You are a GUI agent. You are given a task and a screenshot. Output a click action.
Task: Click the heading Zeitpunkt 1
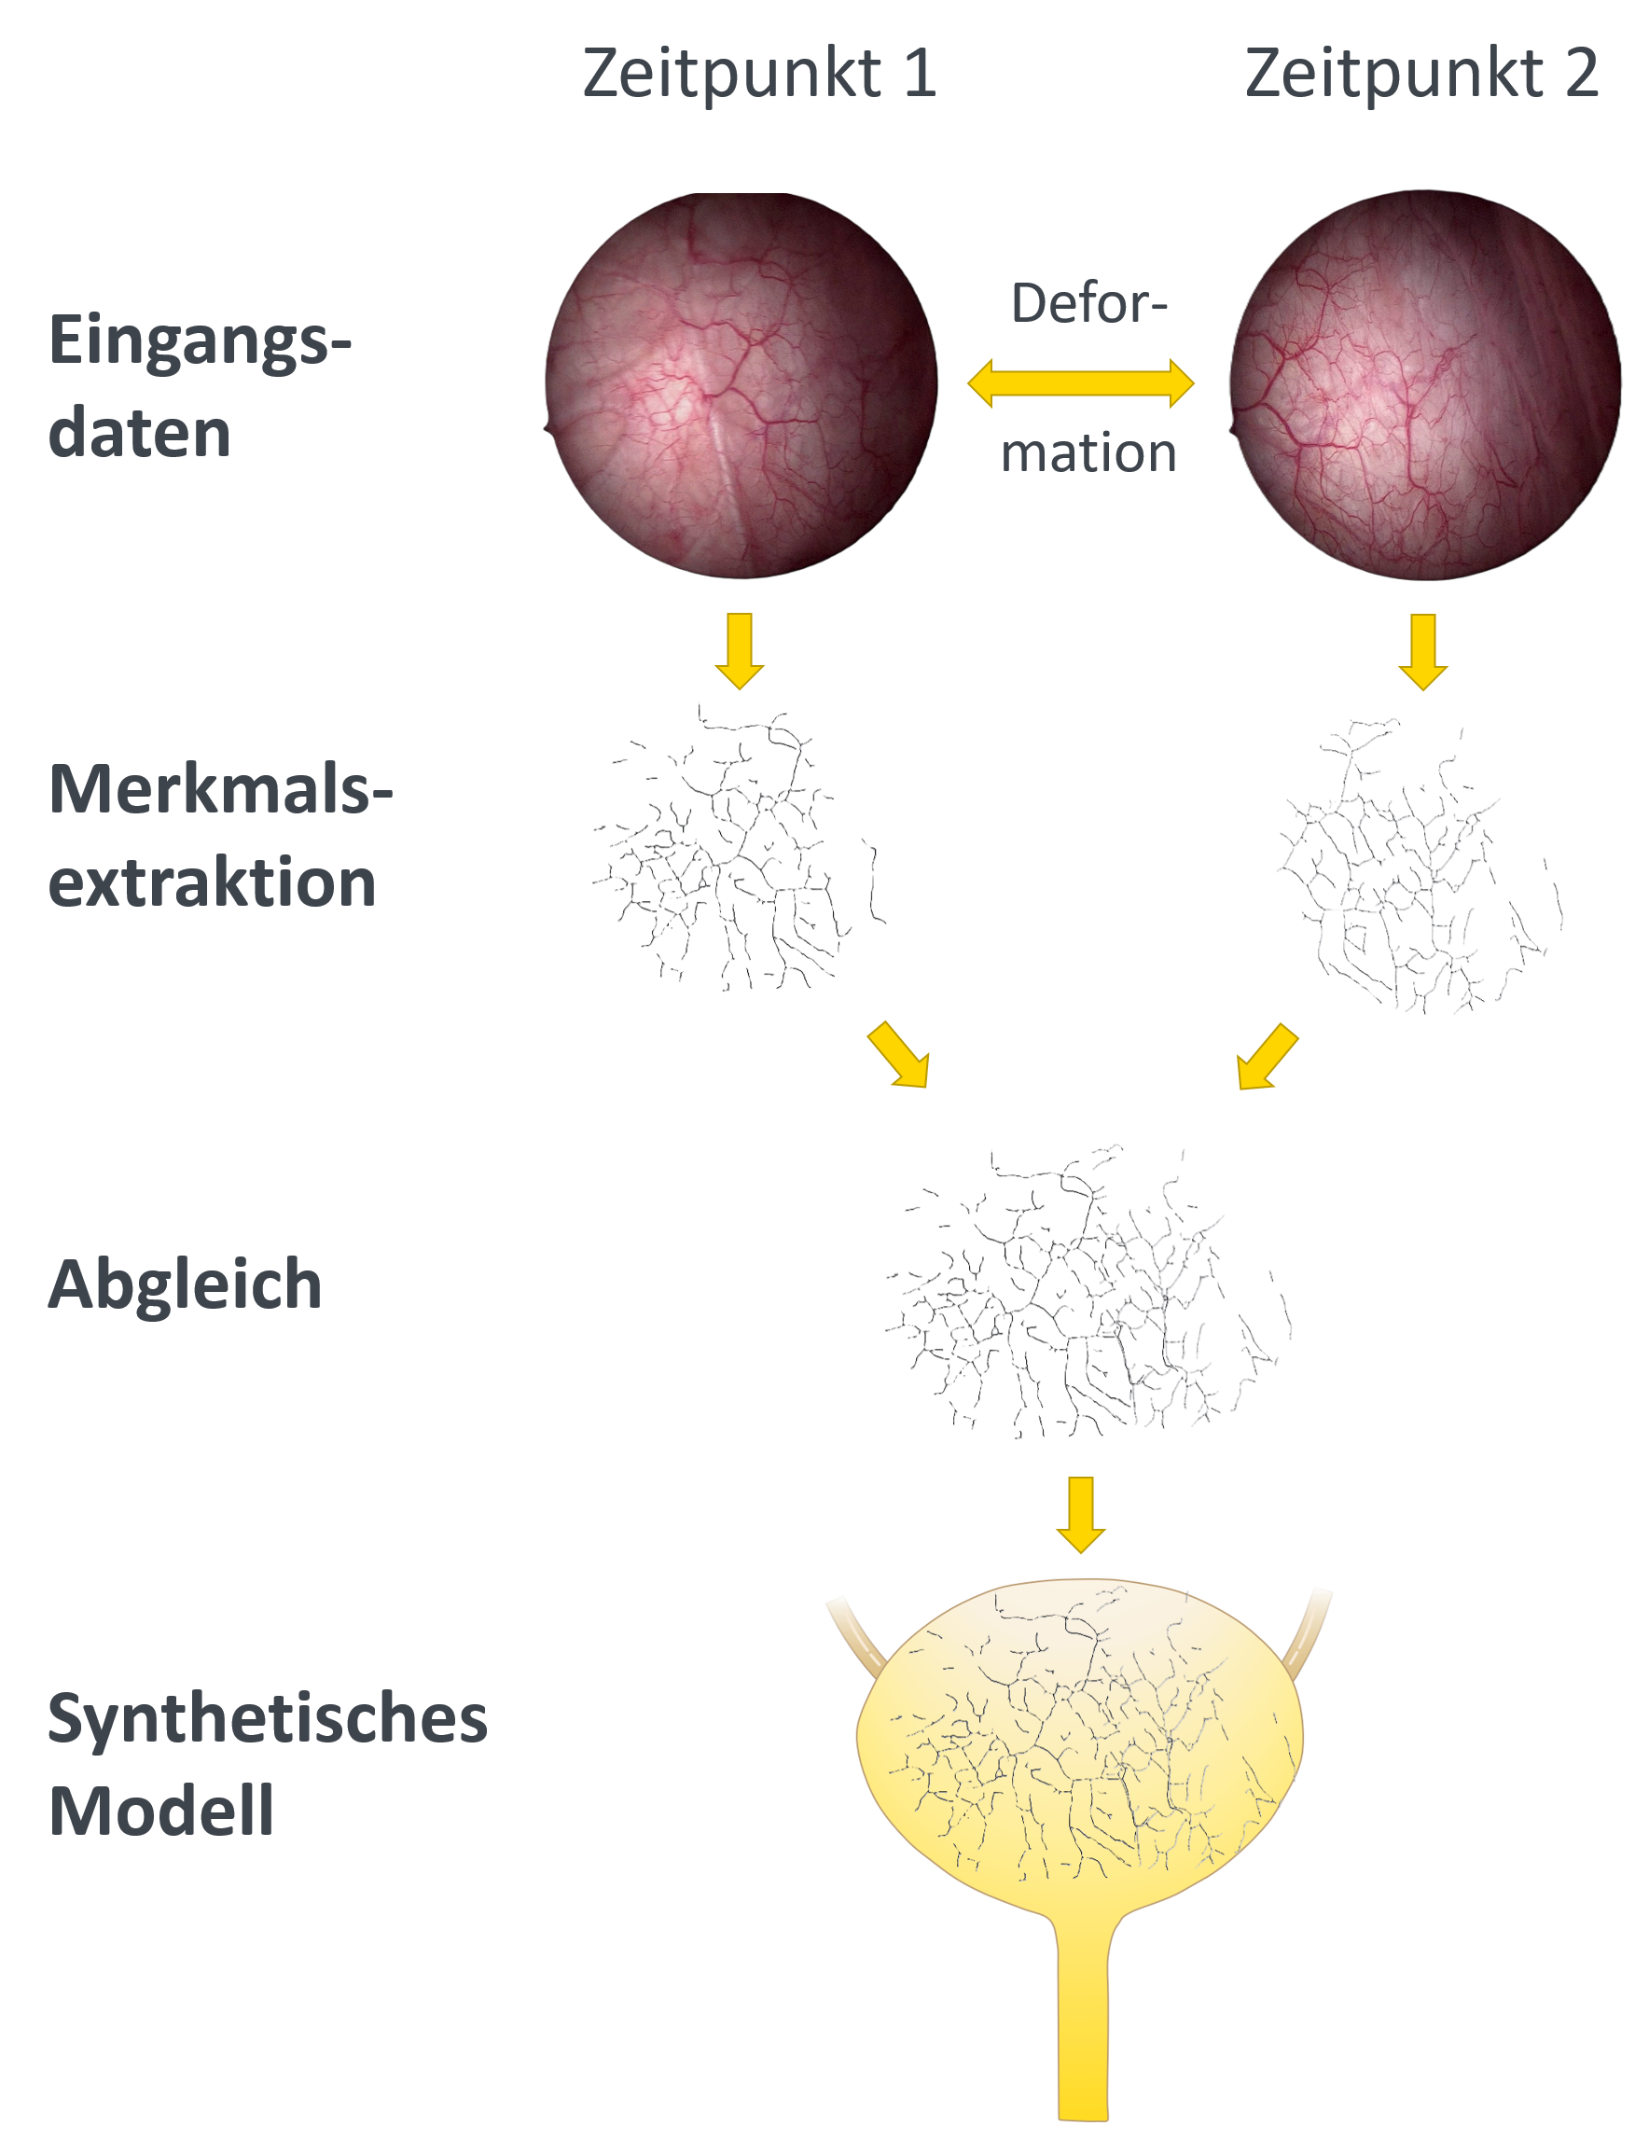click(759, 74)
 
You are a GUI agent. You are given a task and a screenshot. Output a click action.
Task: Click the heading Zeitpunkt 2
click(1421, 74)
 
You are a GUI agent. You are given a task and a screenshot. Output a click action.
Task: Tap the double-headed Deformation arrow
click(1080, 382)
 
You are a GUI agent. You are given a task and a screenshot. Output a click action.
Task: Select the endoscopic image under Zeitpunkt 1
click(741, 384)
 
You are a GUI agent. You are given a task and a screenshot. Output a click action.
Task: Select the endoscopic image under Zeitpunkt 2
click(1425, 384)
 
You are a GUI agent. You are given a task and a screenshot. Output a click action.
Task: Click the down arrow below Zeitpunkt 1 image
click(740, 651)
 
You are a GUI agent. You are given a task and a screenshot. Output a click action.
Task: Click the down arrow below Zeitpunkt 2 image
click(1423, 652)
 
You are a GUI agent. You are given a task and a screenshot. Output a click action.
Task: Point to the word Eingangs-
click(200, 341)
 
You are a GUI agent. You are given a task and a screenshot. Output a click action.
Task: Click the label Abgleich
click(185, 1284)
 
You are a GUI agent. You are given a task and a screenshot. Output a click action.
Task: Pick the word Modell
click(160, 1810)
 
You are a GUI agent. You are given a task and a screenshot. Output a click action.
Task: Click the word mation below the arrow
click(1088, 452)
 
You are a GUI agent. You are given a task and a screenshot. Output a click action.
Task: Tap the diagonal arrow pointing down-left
click(1268, 1056)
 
